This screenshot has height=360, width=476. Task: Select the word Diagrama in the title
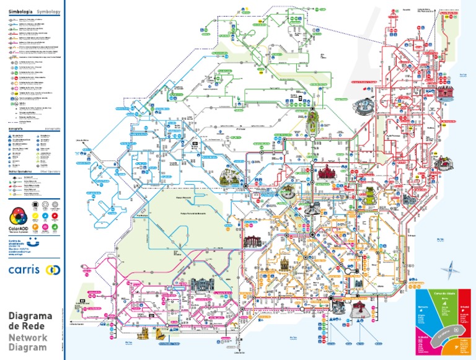30,317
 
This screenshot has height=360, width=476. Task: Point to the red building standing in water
445,95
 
